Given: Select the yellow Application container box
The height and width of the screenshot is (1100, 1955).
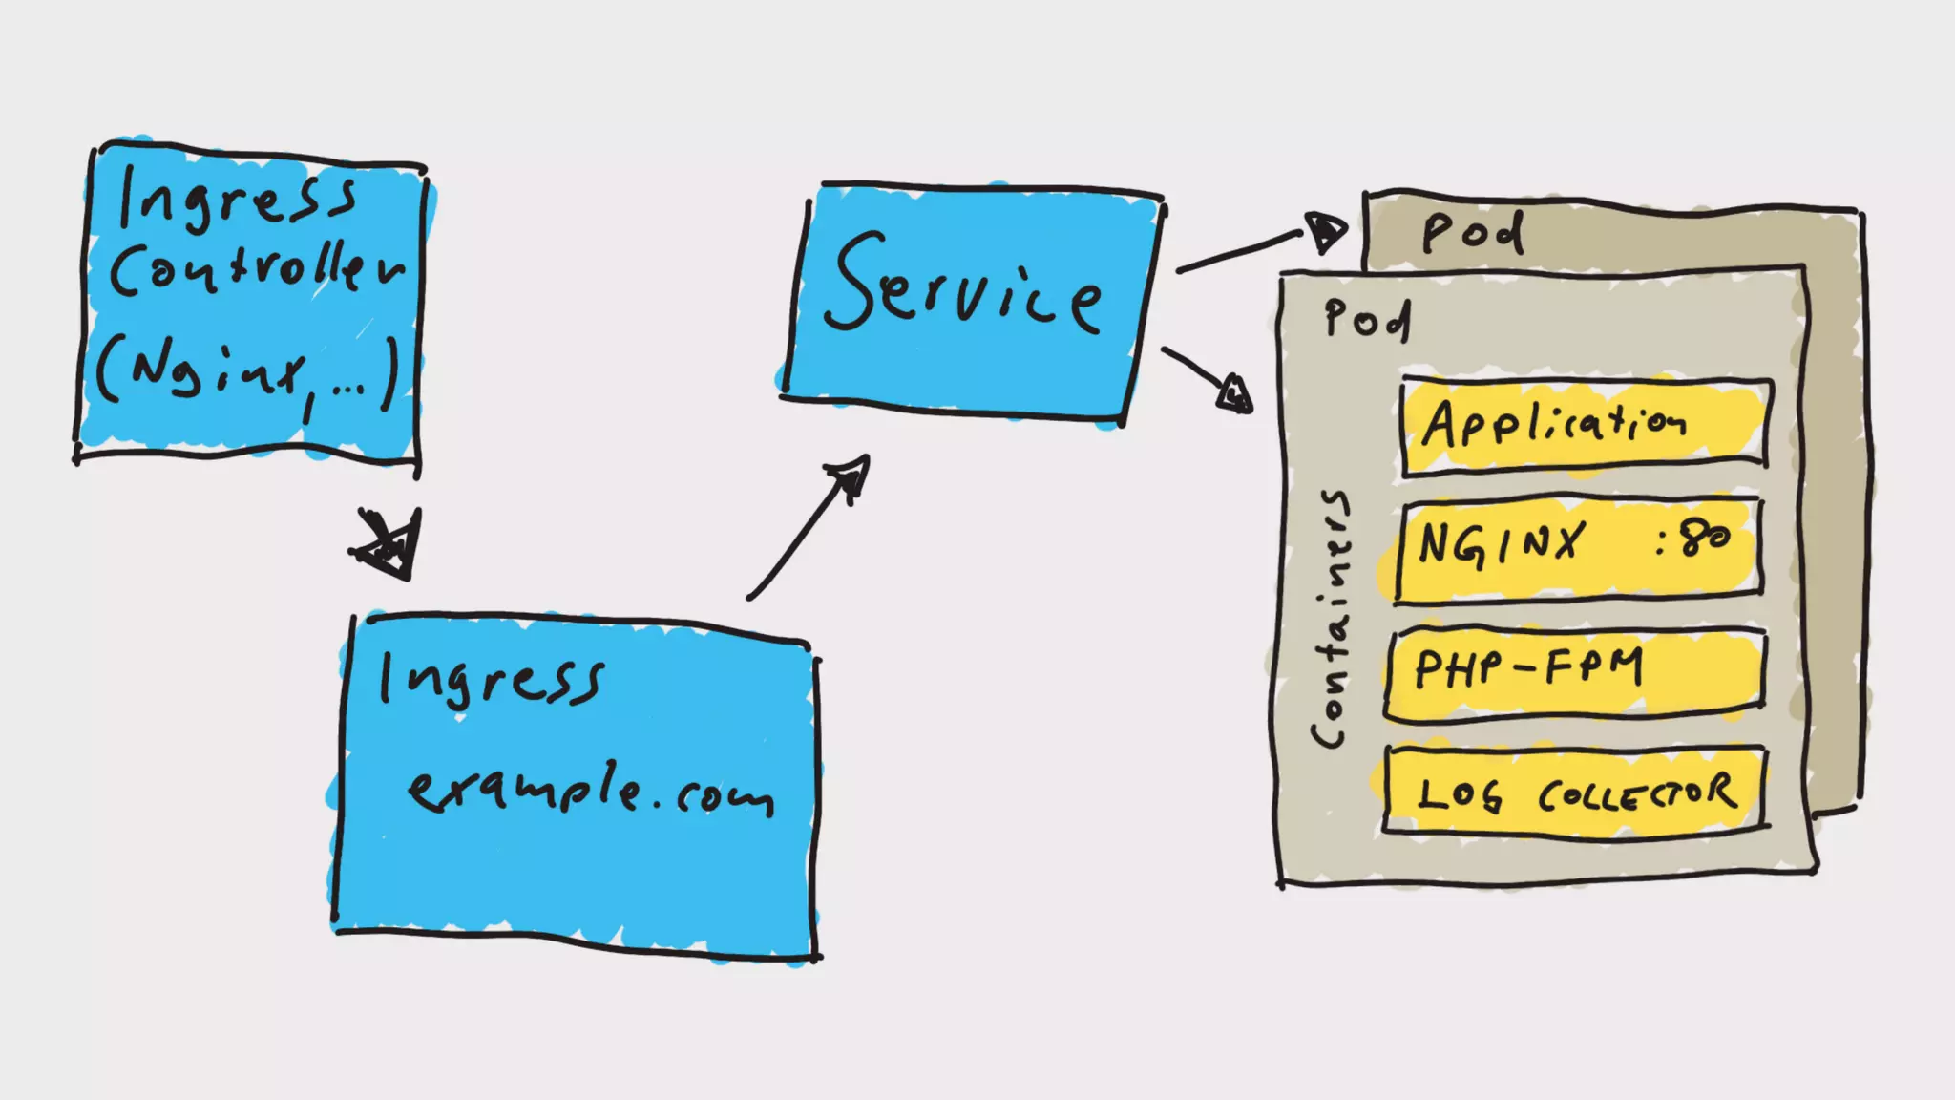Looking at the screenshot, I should click(x=1585, y=425).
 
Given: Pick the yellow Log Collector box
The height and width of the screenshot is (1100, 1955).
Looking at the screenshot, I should click(x=1575, y=793).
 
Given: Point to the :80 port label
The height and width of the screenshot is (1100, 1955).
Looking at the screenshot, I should click(x=1694, y=539).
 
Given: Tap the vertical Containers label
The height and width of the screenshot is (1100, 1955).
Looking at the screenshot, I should click(x=1332, y=621).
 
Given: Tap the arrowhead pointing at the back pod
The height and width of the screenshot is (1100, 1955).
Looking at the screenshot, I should click(x=1325, y=231).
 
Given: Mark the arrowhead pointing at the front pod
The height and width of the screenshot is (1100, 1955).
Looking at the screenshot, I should click(x=1234, y=392).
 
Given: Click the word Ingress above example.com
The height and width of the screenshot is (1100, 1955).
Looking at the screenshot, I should click(x=491, y=680).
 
